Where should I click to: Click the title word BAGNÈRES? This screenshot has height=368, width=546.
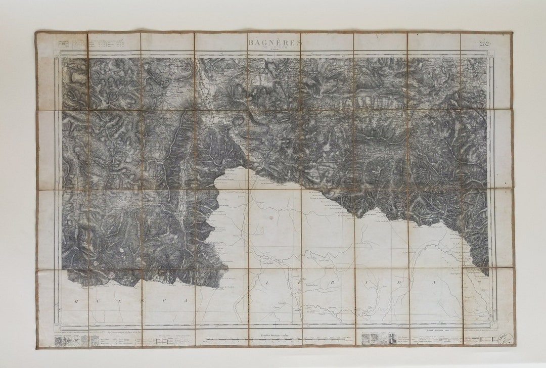[x=275, y=42]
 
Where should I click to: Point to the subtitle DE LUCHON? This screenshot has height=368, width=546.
[x=275, y=49]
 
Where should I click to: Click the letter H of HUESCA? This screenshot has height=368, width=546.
[x=77, y=301]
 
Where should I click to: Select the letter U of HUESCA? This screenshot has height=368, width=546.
[x=114, y=301]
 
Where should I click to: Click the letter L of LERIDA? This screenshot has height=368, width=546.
[x=266, y=284]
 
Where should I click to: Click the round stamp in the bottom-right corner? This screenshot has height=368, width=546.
[x=504, y=338]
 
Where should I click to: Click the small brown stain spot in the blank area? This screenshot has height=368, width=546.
[x=271, y=217]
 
